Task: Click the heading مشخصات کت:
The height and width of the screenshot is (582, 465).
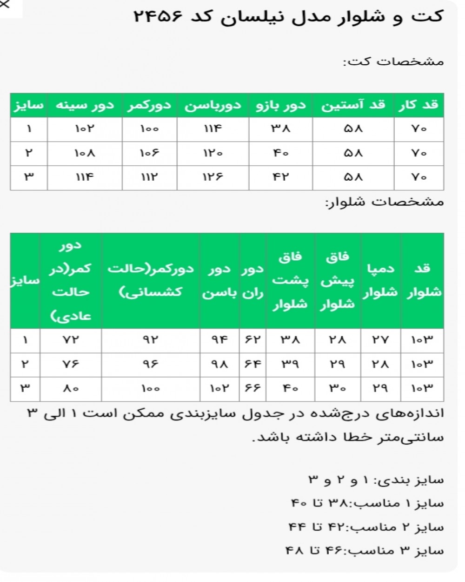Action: [393, 61]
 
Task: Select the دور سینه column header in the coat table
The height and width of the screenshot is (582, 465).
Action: [85, 105]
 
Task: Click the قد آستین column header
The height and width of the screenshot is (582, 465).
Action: [353, 105]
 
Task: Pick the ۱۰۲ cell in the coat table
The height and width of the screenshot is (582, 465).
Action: [85, 129]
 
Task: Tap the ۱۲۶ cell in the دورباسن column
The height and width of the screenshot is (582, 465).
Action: [213, 177]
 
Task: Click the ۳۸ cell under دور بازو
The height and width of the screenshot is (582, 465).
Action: [281, 129]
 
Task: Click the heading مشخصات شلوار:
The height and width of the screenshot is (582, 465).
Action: [385, 202]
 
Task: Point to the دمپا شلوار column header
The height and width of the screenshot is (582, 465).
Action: [380, 281]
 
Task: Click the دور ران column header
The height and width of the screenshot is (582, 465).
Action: [253, 281]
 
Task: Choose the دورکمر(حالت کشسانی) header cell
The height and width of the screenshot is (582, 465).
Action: [151, 281]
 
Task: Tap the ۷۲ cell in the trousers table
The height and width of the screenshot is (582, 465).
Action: [71, 340]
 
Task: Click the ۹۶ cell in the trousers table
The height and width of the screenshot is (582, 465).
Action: [151, 364]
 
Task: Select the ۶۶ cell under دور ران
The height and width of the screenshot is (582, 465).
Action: [253, 388]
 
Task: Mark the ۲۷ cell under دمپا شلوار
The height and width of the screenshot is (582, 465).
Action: [380, 340]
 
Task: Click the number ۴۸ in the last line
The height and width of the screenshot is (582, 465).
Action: [295, 551]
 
